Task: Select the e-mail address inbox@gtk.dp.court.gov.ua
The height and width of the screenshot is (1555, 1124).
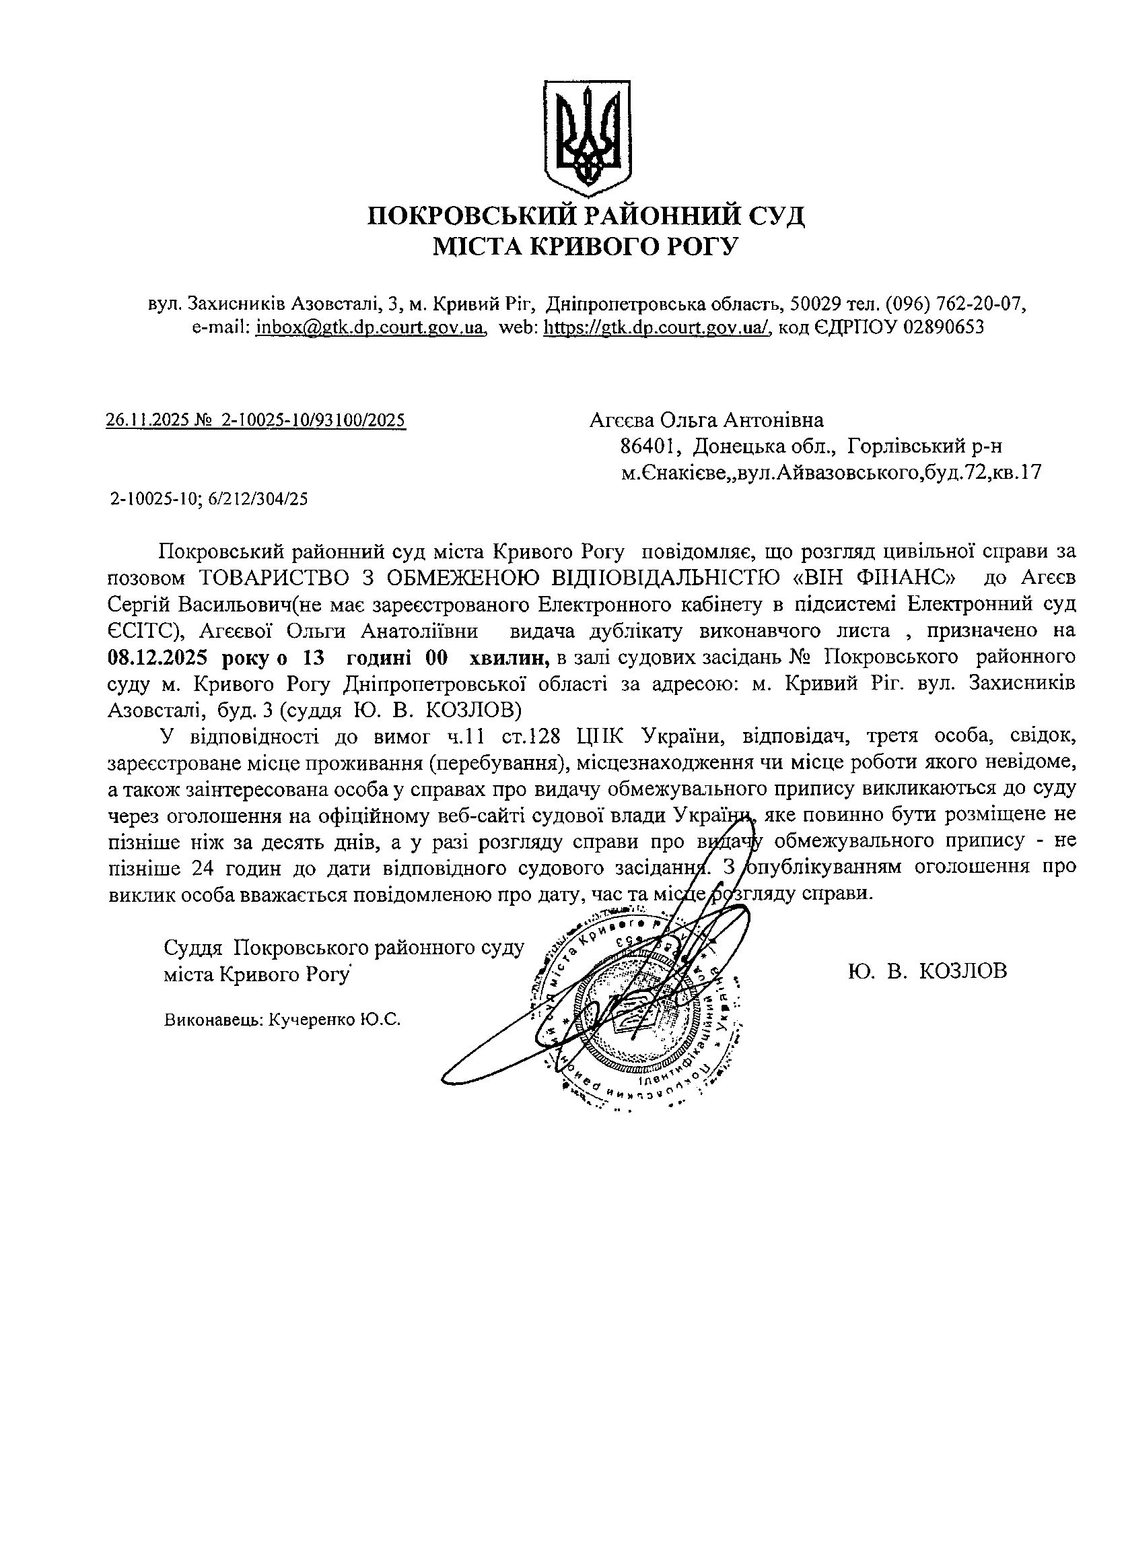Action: pyautogui.click(x=370, y=327)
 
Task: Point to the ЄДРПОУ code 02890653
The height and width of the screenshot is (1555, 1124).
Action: pyautogui.click(x=944, y=327)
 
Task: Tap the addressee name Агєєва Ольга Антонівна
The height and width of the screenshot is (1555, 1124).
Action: pyautogui.click(x=706, y=419)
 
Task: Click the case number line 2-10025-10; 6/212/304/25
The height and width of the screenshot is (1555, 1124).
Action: pyautogui.click(x=209, y=498)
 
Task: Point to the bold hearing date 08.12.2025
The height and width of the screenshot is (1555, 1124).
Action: pyautogui.click(x=157, y=657)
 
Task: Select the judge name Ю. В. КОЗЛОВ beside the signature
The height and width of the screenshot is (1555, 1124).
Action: pyautogui.click(x=927, y=971)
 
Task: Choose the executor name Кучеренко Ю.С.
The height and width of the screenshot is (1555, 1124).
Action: pyautogui.click(x=335, y=1020)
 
